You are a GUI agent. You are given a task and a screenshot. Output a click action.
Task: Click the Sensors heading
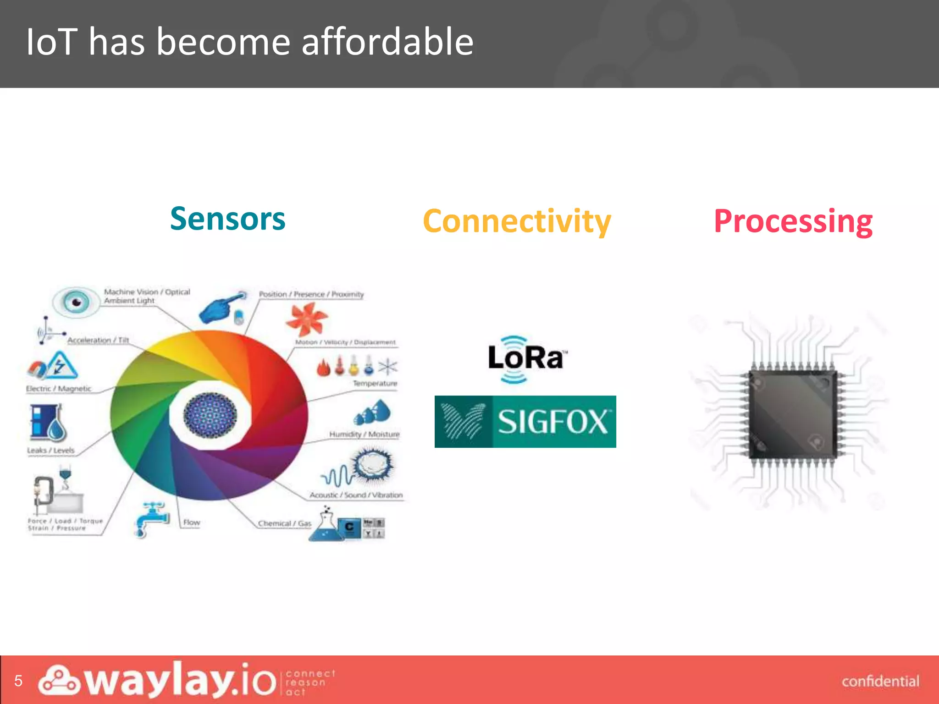coord(227,219)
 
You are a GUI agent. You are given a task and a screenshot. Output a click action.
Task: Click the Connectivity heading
coord(517,221)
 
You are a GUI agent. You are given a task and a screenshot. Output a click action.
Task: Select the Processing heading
coord(793,221)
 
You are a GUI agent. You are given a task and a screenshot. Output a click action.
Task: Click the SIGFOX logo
coord(525,421)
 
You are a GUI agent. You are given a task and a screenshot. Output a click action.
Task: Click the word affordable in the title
coord(387,42)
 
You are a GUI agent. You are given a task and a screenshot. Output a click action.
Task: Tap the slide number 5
coord(18,681)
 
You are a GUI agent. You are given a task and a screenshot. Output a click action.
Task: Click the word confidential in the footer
coord(880,681)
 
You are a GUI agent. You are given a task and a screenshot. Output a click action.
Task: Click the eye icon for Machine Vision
coord(76,302)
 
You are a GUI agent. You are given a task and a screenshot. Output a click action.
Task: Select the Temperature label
coord(375,383)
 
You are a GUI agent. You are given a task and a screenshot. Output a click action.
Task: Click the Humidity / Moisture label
coord(364,434)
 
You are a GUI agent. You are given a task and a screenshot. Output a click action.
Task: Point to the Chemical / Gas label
coord(284,523)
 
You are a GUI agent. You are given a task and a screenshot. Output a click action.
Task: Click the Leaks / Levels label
coord(50,450)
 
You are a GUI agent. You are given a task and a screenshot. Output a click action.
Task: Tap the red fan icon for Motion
coord(306,319)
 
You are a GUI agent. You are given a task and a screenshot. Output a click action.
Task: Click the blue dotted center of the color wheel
coord(210,415)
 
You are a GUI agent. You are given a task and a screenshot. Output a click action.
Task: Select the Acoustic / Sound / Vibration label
coord(356,495)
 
